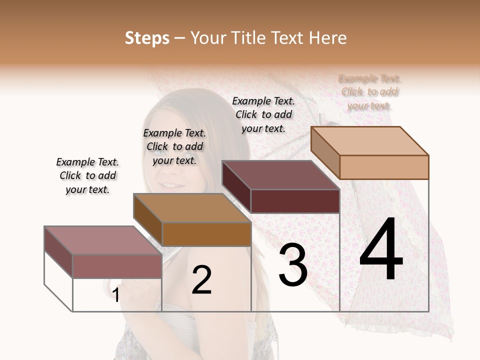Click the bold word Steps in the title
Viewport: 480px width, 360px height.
[x=147, y=38]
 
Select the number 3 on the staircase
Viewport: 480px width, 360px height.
[x=293, y=265]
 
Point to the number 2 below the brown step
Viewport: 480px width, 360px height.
[x=201, y=280]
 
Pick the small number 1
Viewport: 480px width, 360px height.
[x=115, y=295]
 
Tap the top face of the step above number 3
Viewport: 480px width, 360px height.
[x=280, y=175]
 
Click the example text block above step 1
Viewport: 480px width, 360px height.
[x=87, y=175]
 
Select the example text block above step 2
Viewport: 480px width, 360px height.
[x=174, y=146]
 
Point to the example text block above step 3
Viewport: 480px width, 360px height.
[x=263, y=114]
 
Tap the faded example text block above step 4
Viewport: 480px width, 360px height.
[x=370, y=92]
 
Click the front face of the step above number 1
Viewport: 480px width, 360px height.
[x=117, y=266]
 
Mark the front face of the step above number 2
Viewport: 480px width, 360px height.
[x=206, y=234]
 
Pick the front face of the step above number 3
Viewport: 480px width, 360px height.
[x=295, y=201]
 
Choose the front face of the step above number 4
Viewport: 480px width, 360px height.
[x=384, y=167]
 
